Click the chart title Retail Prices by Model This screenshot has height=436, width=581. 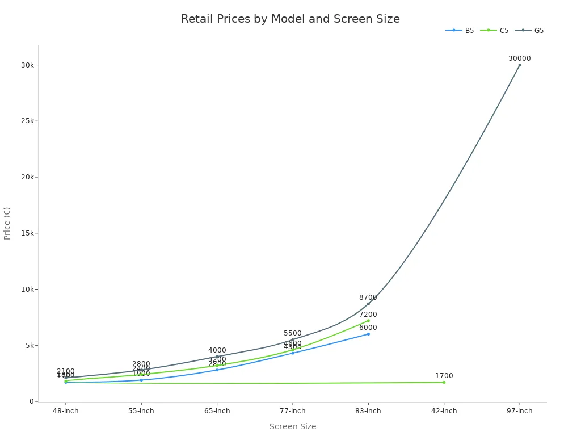coord(290,19)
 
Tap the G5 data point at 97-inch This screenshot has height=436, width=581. coord(519,65)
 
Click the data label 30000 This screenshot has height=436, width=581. coord(519,58)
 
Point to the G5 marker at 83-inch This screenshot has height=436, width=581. coord(368,304)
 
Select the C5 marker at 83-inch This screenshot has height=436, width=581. coord(368,321)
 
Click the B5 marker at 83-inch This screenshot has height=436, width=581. coord(368,334)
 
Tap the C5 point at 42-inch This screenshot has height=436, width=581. coord(444,382)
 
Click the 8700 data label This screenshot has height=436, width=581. coord(368,297)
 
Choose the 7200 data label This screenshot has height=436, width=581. coord(368,315)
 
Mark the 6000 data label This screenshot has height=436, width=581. coord(368,328)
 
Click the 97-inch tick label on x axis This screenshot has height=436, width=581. coord(519,411)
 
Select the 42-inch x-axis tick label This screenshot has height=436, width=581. coord(444,411)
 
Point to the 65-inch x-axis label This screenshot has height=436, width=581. coord(217,411)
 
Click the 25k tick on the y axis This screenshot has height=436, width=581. coord(27,121)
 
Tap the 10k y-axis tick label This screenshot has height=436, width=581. coord(27,289)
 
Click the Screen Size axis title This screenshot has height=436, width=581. coord(293,426)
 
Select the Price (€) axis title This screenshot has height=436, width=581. coord(7,223)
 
